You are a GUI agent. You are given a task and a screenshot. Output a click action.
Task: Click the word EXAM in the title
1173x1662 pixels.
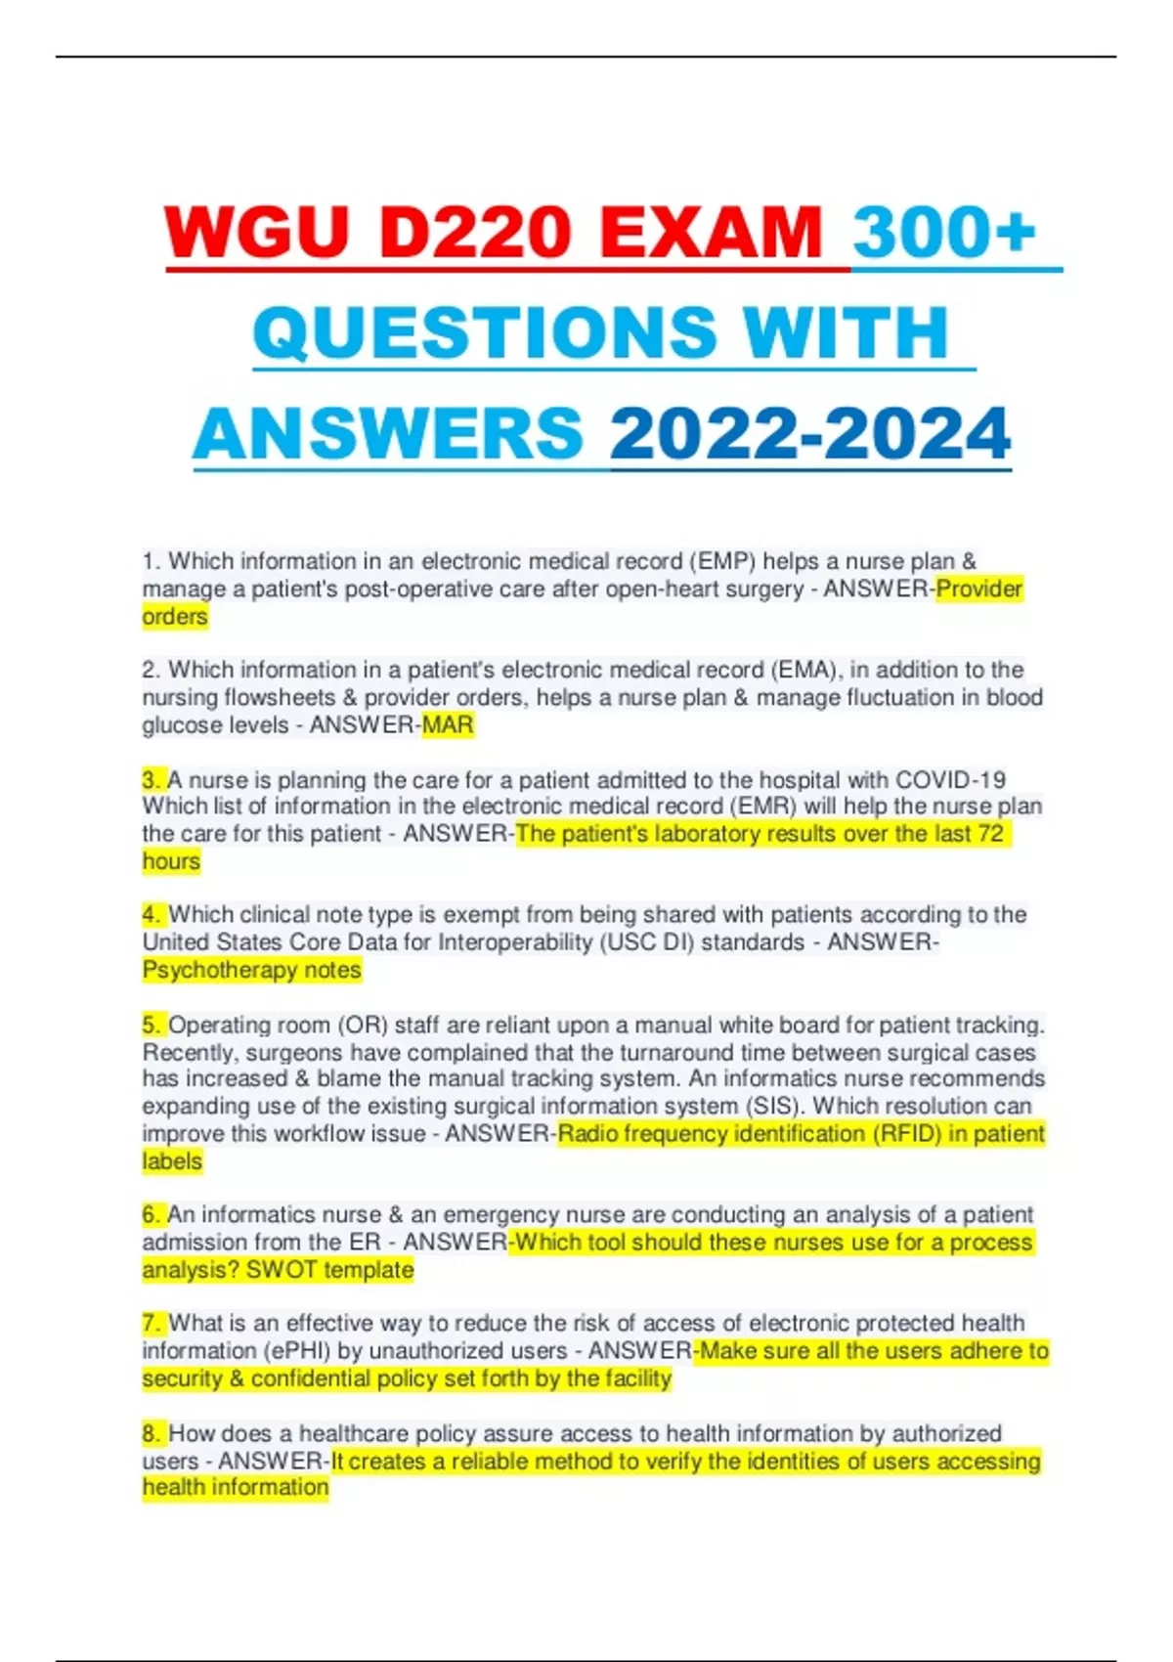pos(711,233)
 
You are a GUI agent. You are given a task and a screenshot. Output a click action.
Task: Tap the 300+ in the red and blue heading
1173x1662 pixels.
pos(944,233)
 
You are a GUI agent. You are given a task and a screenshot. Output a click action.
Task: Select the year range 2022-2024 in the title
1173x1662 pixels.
pos(810,433)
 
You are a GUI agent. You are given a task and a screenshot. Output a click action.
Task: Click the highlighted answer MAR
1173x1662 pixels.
pos(448,725)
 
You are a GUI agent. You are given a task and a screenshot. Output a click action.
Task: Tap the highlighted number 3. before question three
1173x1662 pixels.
pos(152,780)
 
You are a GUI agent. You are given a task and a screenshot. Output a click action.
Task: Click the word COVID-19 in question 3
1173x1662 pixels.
pos(950,780)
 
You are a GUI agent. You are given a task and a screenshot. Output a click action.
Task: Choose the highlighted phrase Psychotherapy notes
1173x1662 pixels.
pos(252,970)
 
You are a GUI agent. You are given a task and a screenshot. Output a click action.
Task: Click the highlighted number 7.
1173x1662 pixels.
pos(152,1324)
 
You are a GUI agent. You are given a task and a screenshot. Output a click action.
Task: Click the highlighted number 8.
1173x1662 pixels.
pos(152,1434)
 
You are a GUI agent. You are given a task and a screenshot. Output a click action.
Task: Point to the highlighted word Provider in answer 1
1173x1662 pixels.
pos(979,589)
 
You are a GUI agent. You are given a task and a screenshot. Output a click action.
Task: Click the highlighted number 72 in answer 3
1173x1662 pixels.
pos(990,834)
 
